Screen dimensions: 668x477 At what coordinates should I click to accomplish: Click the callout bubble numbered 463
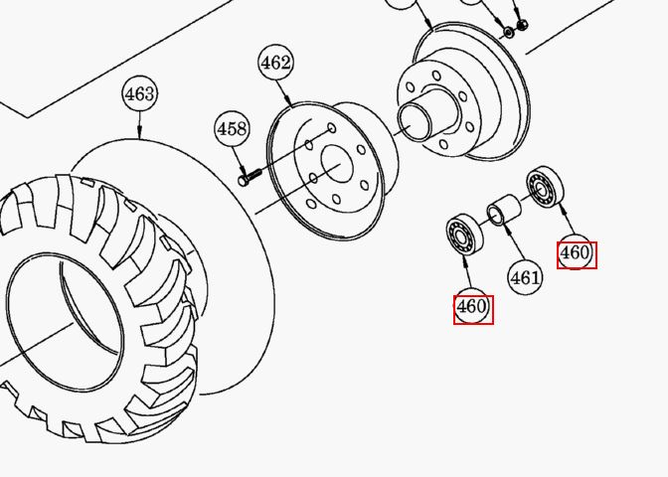coord(140,93)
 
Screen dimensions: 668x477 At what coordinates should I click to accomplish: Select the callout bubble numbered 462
coord(276,63)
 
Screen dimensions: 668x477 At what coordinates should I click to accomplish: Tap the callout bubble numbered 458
coord(232,128)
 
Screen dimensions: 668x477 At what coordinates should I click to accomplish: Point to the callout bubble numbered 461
coord(525,277)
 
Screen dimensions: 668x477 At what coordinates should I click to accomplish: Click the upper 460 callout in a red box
coord(577,254)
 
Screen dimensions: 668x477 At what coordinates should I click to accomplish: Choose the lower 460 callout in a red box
coord(473,309)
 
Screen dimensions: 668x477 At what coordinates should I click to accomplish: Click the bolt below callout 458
coord(250,177)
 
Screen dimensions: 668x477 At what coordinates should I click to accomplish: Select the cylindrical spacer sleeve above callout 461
coord(504,209)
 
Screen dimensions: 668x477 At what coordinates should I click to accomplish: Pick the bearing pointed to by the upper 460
coord(545,187)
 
